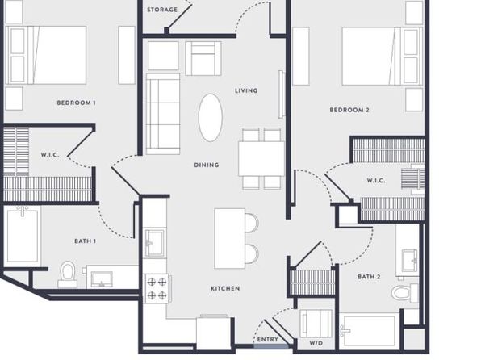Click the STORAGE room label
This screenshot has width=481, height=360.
(162, 10)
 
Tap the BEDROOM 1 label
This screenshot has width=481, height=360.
(76, 103)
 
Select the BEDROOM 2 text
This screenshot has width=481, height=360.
(349, 110)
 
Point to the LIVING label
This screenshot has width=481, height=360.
(246, 90)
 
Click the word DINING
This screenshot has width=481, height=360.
(207, 165)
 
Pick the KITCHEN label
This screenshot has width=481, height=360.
(225, 288)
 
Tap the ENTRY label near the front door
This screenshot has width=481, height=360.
(267, 340)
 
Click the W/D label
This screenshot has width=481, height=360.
(316, 343)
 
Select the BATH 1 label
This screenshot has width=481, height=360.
(85, 241)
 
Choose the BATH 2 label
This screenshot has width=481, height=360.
(369, 277)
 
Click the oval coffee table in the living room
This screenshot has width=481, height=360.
(210, 118)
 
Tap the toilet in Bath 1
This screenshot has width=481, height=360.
(68, 274)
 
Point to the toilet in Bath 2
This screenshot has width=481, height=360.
(404, 292)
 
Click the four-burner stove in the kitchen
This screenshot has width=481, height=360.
(157, 288)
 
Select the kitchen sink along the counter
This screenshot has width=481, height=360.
(154, 242)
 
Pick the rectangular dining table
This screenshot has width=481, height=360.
(261, 158)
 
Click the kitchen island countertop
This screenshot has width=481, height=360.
(230, 238)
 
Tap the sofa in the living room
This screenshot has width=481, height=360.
(163, 114)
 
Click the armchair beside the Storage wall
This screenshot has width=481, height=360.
(203, 58)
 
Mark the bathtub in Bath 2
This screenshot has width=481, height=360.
(368, 331)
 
